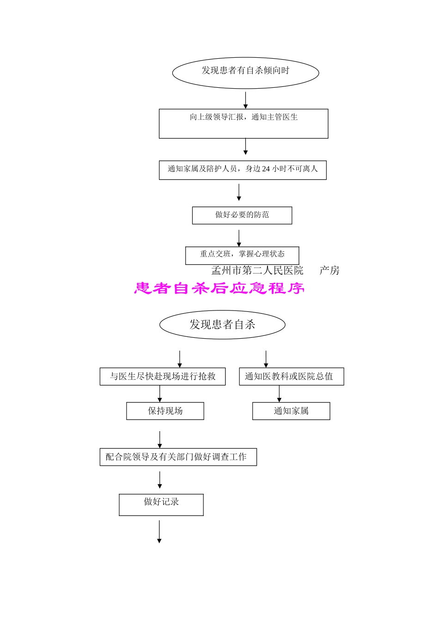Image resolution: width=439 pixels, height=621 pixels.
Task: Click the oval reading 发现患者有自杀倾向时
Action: pyautogui.click(x=245, y=72)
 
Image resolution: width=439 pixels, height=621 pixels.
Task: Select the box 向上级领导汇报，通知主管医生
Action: pyautogui.click(x=244, y=123)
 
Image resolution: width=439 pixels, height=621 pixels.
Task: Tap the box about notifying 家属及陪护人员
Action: pyautogui.click(x=243, y=170)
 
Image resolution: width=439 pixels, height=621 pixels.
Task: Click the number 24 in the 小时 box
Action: pyautogui.click(x=266, y=169)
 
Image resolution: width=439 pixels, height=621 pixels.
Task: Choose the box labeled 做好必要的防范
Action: pyautogui.click(x=242, y=215)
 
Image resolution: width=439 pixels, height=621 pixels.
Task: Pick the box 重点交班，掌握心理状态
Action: pyautogui.click(x=242, y=255)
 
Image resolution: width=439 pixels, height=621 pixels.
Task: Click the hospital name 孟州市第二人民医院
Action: pyautogui.click(x=257, y=271)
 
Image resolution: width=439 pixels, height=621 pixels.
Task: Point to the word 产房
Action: pyautogui.click(x=329, y=271)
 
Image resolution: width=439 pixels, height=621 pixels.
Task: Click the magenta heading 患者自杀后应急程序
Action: pyautogui.click(x=219, y=289)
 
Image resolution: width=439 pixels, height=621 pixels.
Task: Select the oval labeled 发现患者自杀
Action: pyautogui.click(x=222, y=325)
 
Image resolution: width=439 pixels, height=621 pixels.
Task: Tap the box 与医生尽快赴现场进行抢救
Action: pyautogui.click(x=163, y=377)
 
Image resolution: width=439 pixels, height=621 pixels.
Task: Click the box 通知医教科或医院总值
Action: pyautogui.click(x=291, y=377)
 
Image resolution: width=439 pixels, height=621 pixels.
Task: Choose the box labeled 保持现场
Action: pyautogui.click(x=165, y=411)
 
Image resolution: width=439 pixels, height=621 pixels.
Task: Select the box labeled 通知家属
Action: pyautogui.click(x=291, y=411)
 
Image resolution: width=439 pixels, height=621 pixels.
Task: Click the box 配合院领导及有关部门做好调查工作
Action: pyautogui.click(x=178, y=457)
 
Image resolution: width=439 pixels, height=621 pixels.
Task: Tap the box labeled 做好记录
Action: pyautogui.click(x=161, y=505)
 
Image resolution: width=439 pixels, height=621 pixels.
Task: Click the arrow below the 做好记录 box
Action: pyautogui.click(x=159, y=531)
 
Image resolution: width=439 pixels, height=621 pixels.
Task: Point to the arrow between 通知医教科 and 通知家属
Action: pyautogui.click(x=279, y=394)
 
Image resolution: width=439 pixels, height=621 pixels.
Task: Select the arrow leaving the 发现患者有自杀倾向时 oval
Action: pyautogui.click(x=245, y=100)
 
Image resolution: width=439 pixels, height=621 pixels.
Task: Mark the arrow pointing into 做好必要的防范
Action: pyautogui.click(x=239, y=192)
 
